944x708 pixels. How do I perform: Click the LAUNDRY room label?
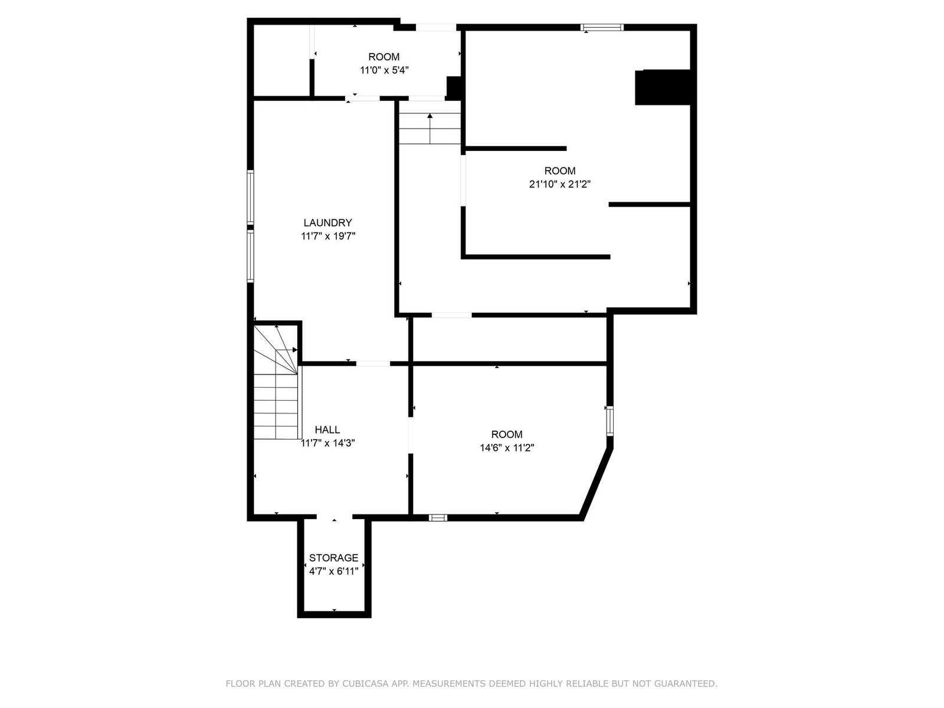coord(327,222)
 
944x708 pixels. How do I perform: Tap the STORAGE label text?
coord(333,558)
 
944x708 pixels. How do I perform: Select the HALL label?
coord(327,430)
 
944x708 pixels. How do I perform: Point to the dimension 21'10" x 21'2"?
coord(559,185)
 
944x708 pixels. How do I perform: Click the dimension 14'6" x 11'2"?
coord(507,448)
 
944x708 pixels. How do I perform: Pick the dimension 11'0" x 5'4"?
coord(384,70)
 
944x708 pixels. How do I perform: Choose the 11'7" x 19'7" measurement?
coord(327,236)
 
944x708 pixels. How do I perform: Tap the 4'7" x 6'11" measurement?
coord(333,571)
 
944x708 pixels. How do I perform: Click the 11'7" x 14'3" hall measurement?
coord(327,442)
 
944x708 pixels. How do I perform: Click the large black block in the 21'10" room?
coord(663,87)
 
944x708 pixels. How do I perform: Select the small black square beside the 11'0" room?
coord(453,87)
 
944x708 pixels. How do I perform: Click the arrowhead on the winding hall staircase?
coord(294,350)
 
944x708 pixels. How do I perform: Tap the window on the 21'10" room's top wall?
coord(602,28)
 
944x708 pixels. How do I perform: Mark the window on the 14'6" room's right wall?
coord(609,421)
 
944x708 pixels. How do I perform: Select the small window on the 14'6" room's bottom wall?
coord(438,517)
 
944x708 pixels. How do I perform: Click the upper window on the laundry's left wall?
coord(250,197)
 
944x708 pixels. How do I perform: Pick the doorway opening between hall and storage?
coord(335,517)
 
